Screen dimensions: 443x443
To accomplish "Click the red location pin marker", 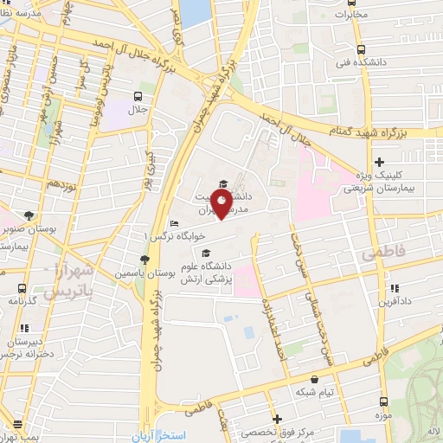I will point(221,203).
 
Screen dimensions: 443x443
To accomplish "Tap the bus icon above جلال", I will point(138,97).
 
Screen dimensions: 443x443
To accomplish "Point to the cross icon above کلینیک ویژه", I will point(379,162).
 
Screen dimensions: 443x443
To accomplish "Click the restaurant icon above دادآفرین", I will point(394,288).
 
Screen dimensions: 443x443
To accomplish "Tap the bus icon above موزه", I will point(383,402).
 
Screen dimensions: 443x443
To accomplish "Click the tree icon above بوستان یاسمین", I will point(144,259).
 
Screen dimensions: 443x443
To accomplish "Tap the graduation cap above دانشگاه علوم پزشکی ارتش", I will point(205,254).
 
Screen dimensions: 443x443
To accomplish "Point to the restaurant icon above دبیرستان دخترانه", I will point(23,328).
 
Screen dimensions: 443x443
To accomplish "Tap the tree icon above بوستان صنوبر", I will point(32,215).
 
